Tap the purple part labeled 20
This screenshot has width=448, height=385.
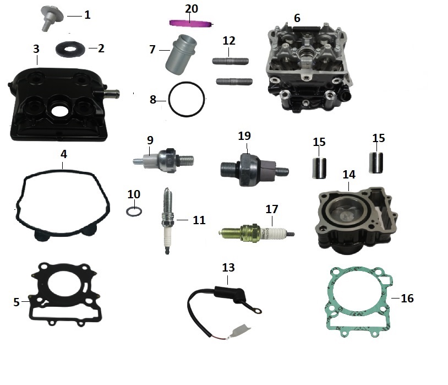pos(190,23)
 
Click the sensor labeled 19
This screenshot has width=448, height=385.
pos(250,166)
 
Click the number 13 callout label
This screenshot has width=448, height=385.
pos(228,268)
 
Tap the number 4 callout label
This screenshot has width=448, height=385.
pos(64,154)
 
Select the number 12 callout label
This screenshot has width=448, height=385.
pos(229,40)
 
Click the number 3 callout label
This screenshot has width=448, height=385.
pos(36,48)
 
